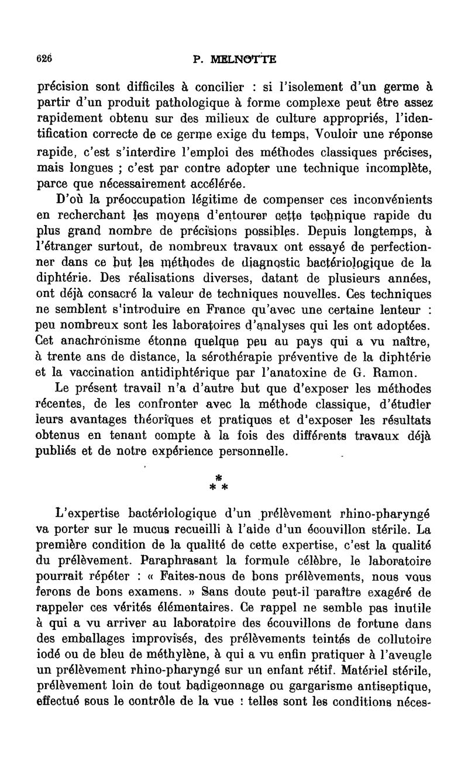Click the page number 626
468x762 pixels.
(x=43, y=58)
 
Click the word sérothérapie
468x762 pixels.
(x=233, y=356)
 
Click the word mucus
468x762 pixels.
(x=157, y=531)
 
